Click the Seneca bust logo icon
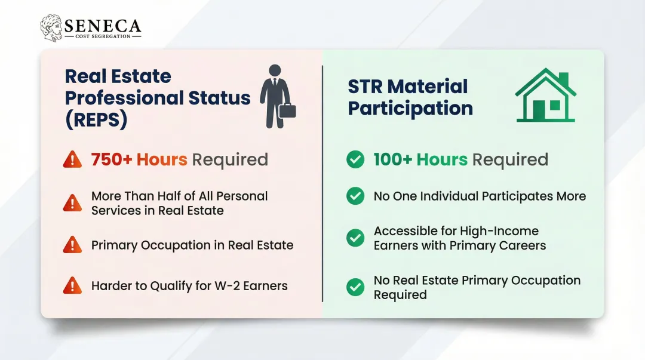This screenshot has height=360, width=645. [52, 29]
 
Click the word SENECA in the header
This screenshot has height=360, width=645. [103, 26]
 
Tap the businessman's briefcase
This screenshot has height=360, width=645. [287, 110]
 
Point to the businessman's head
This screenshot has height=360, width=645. [274, 70]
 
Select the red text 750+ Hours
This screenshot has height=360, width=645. [139, 160]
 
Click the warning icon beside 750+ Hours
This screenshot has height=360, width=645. [72, 159]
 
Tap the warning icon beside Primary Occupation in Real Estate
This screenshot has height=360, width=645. [72, 245]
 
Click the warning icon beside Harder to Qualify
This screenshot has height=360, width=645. [72, 286]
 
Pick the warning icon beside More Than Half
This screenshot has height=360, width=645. [72, 203]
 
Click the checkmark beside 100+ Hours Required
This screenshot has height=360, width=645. [355, 159]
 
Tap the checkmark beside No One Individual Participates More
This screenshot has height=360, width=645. [355, 196]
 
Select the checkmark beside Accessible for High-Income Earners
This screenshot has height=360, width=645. [355, 238]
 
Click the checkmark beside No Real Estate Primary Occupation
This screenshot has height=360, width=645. [355, 287]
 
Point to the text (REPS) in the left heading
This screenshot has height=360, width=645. [96, 119]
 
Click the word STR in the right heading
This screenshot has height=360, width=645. [364, 87]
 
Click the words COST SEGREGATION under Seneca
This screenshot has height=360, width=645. [102, 36]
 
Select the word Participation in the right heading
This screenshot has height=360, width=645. [410, 109]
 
